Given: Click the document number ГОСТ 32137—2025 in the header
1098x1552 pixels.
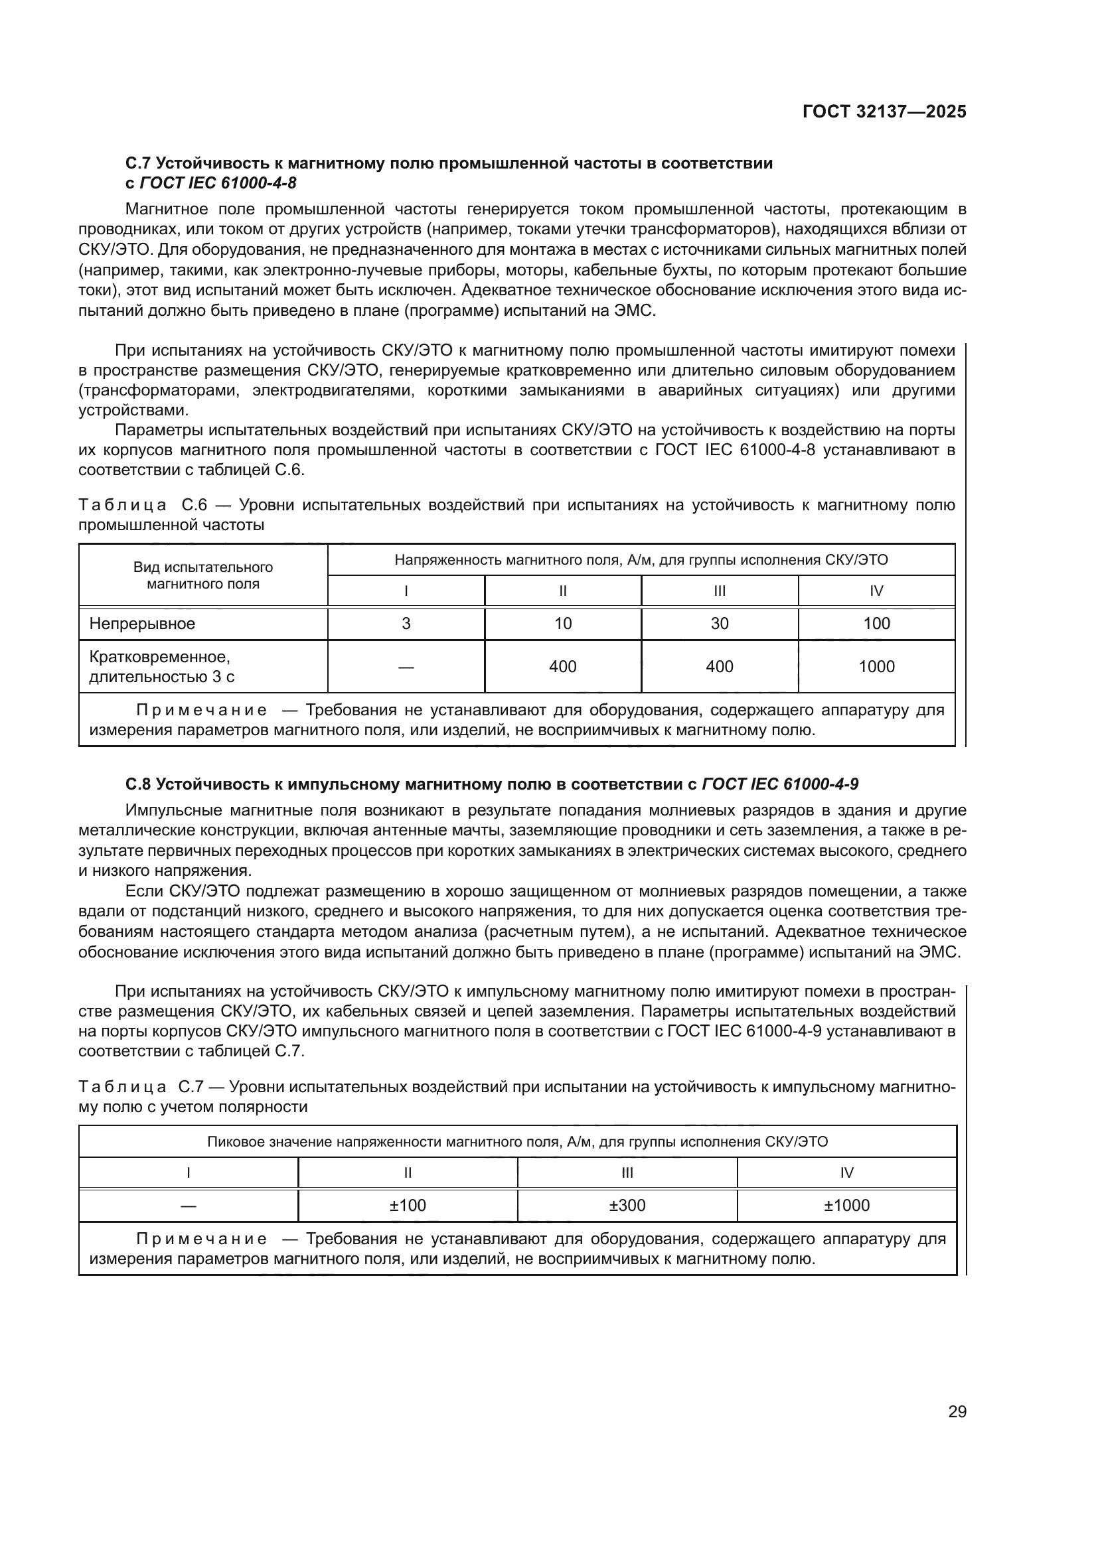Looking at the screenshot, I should point(884,111).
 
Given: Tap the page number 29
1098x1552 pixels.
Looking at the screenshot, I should point(957,1411).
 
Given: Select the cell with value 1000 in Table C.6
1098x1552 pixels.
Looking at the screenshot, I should point(876,666).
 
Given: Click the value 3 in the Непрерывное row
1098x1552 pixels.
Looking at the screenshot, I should point(406,623).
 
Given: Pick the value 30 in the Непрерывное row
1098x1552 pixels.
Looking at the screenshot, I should point(720,623).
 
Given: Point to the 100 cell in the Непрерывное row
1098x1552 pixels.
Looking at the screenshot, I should point(876,623).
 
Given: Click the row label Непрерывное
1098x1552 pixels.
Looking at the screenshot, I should point(142,623).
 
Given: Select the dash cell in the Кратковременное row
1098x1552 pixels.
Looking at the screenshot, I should point(406,667).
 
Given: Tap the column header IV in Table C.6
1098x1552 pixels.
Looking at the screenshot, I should point(876,591).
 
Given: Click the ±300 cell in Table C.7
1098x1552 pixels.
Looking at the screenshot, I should point(627,1205).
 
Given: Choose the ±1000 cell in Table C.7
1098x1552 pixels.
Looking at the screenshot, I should point(846,1205).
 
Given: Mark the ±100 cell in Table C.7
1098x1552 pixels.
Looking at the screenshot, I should point(408,1205).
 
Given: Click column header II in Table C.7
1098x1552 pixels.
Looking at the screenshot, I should point(408,1172).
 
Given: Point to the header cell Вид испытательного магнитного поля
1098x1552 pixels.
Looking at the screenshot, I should point(203,575).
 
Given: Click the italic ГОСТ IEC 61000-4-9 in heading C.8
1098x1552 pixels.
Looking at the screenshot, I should point(780,784).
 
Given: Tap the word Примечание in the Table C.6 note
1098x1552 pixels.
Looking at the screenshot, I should point(202,711).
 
